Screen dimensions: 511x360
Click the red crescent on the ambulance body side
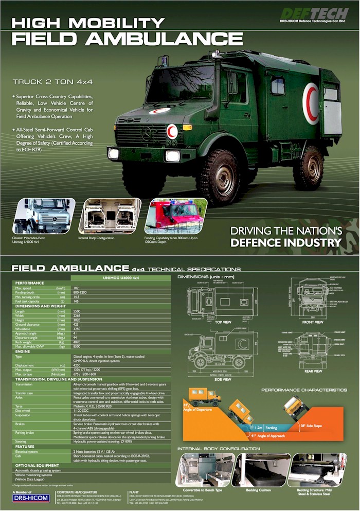(x=311, y=103)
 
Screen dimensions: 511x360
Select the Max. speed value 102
(x=77, y=288)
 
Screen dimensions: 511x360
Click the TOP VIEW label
(x=223, y=322)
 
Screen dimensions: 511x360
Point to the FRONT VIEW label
(x=312, y=322)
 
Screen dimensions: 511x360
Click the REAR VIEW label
(x=312, y=371)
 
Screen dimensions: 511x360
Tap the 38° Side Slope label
(x=311, y=426)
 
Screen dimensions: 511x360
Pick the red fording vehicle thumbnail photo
(x=175, y=216)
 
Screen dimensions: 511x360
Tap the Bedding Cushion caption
(x=261, y=490)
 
